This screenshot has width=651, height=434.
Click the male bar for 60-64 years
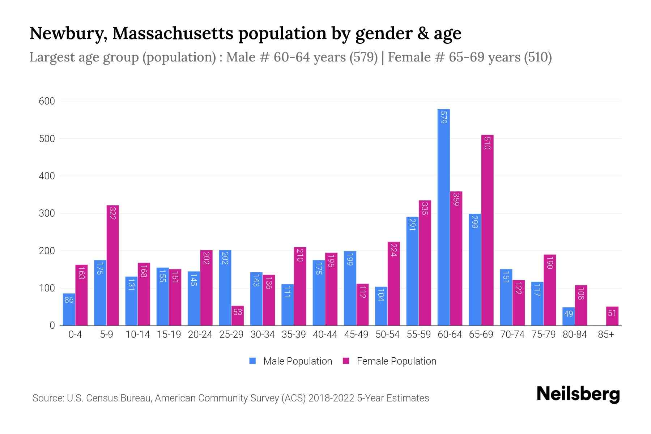tap(443, 217)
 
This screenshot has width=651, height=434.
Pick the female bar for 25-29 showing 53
tap(238, 316)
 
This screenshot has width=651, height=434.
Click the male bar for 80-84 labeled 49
tap(568, 316)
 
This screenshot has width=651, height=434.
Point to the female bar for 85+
tap(612, 316)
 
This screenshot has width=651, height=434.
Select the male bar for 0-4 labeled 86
tap(69, 309)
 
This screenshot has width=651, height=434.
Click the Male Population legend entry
tap(291, 361)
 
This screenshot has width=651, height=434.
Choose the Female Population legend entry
tap(390, 361)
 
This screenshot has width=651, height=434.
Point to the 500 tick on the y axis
tap(47, 139)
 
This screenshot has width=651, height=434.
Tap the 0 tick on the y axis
tap(52, 325)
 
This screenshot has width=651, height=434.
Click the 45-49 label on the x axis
tap(356, 335)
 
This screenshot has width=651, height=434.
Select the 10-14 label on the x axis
tap(137, 335)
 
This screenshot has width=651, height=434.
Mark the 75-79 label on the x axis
tap(544, 335)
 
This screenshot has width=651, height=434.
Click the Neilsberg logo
tap(578, 394)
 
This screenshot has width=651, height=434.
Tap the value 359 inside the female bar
tap(456, 199)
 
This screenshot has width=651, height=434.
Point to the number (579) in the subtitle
tap(363, 57)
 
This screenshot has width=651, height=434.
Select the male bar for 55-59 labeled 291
tap(412, 271)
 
